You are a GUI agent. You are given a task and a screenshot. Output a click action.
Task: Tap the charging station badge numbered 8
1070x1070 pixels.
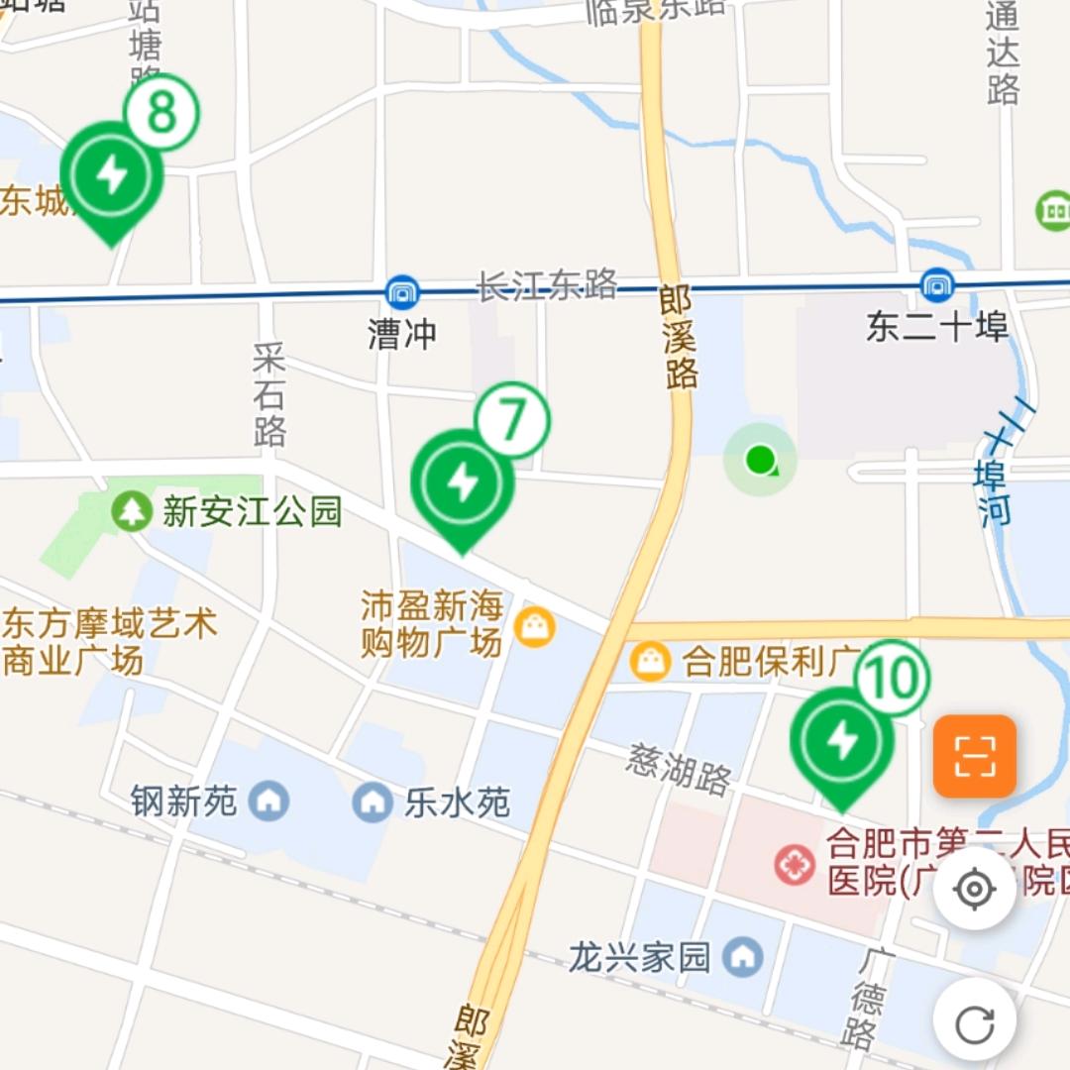pos(161,113)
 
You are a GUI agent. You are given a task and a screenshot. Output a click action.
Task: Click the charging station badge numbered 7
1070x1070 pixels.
pos(512,420)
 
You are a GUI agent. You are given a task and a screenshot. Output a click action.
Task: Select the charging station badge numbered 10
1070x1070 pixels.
pos(893,679)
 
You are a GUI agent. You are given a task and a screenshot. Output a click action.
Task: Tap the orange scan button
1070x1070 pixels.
pos(975,757)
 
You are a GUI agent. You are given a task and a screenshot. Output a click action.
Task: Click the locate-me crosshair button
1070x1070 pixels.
pos(974,889)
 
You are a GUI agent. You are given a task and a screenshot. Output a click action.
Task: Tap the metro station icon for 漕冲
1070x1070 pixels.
pos(402,292)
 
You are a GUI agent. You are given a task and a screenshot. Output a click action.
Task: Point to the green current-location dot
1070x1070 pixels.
pos(760,459)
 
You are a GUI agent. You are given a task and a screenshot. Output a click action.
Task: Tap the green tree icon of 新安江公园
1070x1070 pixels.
pos(131,511)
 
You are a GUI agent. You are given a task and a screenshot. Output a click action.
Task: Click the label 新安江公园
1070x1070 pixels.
pos(252,511)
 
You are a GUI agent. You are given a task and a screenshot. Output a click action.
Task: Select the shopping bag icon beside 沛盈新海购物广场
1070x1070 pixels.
pos(535,627)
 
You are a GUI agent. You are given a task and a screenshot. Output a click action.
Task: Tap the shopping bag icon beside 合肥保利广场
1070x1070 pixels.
pos(651,661)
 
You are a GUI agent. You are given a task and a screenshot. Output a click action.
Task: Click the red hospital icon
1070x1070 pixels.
pos(795,865)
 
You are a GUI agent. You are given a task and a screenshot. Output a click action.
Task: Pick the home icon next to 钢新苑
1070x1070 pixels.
pos(267,800)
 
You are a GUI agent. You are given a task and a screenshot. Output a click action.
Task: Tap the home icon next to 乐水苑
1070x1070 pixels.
pos(373,801)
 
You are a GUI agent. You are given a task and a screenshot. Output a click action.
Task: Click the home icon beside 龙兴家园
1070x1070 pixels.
pos(742,956)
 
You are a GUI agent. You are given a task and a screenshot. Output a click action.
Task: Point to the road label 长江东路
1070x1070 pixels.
pos(547,285)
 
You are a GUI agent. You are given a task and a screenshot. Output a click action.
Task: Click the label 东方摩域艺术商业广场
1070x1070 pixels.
pos(109,642)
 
